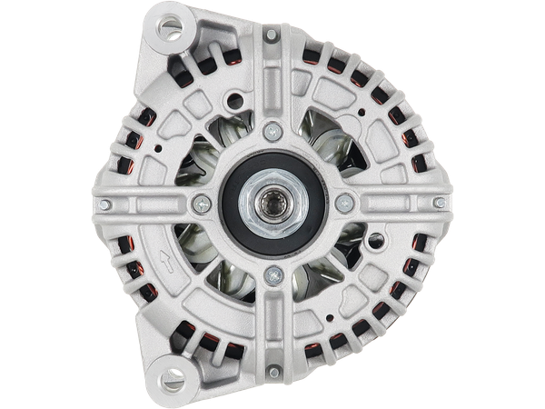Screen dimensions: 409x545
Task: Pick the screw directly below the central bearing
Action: click(271, 273)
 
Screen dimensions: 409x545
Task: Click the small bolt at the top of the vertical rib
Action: click(271, 35)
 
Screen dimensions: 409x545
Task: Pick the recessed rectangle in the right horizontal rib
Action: click(391, 204)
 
